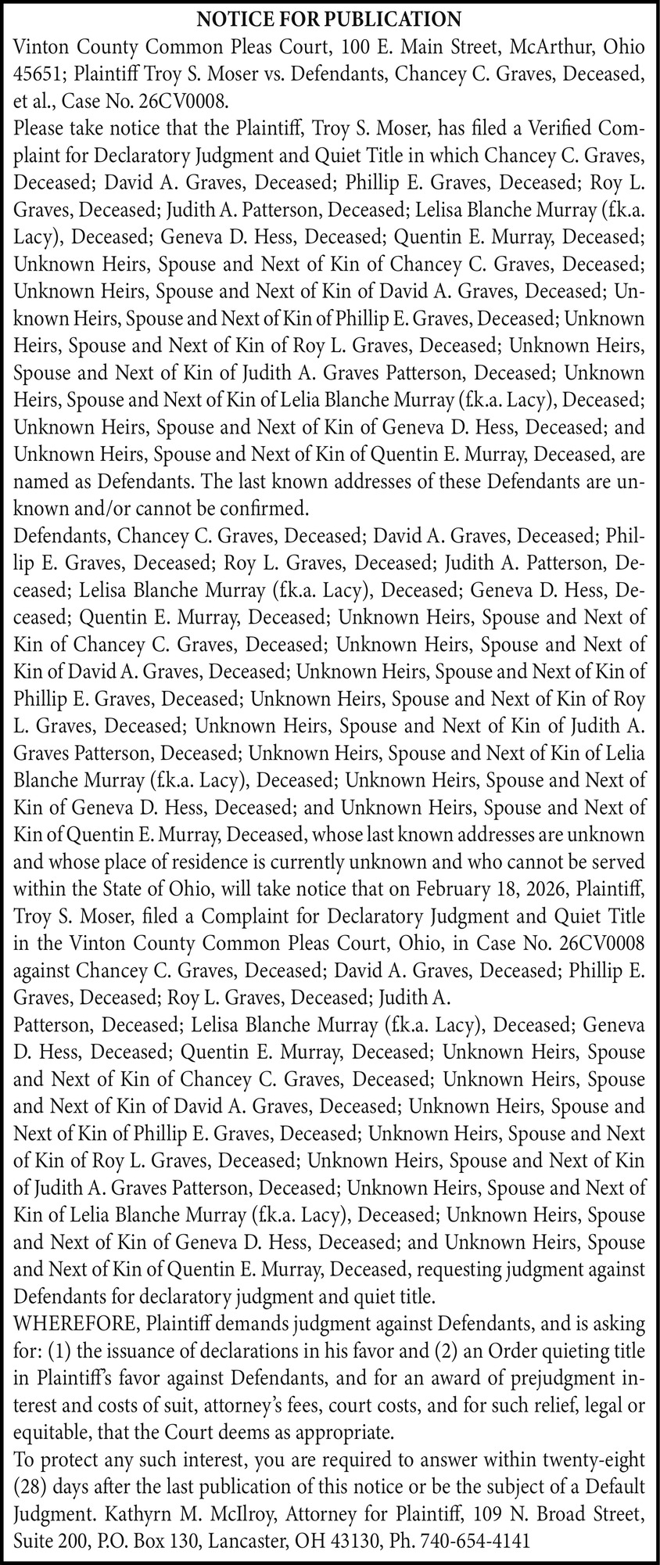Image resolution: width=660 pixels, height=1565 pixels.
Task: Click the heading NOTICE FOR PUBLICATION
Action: pyautogui.click(x=329, y=18)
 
